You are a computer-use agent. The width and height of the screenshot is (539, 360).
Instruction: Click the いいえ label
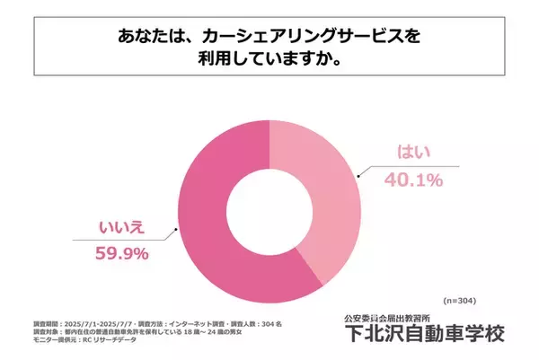[123, 229]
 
